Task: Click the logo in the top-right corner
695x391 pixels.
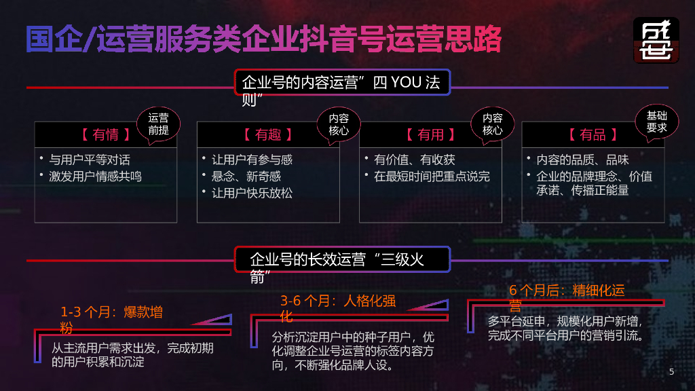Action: coord(656,40)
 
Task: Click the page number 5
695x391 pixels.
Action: coord(671,371)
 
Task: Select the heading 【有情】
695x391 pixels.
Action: coord(105,134)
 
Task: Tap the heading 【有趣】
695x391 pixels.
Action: coord(267,134)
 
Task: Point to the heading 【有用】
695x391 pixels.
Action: coord(430,134)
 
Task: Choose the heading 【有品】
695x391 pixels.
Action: coord(593,134)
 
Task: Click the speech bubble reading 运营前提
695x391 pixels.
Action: coord(158,124)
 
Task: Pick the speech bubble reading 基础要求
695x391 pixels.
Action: coord(656,122)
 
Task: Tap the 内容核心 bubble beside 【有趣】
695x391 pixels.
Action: coord(339,124)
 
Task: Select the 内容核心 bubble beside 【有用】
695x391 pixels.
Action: coord(493,124)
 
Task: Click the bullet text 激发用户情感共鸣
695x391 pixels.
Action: coord(95,176)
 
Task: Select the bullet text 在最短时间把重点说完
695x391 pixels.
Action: coord(432,176)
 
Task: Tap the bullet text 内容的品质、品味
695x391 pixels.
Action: coord(582,160)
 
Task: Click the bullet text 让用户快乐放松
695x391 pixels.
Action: coord(252,193)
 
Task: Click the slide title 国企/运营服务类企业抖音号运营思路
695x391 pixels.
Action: coord(263,39)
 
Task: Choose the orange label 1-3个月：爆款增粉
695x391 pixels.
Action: coord(111,320)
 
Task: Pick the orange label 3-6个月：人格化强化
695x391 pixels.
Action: coord(337,308)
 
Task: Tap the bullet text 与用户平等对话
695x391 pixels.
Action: coord(90,160)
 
